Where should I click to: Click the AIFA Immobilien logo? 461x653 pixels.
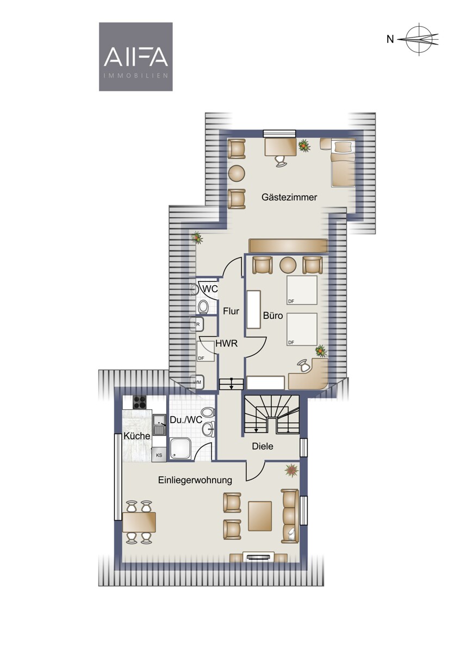pyautogui.click(x=136, y=57)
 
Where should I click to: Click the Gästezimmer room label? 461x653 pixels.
pyautogui.click(x=289, y=197)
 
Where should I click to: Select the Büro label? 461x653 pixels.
pyautogui.click(x=273, y=316)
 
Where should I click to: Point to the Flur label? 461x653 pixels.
pyautogui.click(x=231, y=311)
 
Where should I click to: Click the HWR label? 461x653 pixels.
pyautogui.click(x=227, y=343)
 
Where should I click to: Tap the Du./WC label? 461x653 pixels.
pyautogui.click(x=186, y=420)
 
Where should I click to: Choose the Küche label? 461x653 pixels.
pyautogui.click(x=137, y=436)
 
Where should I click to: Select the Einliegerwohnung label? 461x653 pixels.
pyautogui.click(x=195, y=480)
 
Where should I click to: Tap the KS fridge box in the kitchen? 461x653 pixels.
pyautogui.click(x=159, y=455)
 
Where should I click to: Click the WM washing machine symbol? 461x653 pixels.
pyautogui.click(x=197, y=382)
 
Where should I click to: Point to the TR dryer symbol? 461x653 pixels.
pyautogui.click(x=197, y=325)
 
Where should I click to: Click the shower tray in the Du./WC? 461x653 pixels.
pyautogui.click(x=180, y=448)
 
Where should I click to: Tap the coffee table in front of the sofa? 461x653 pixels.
pyautogui.click(x=260, y=516)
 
